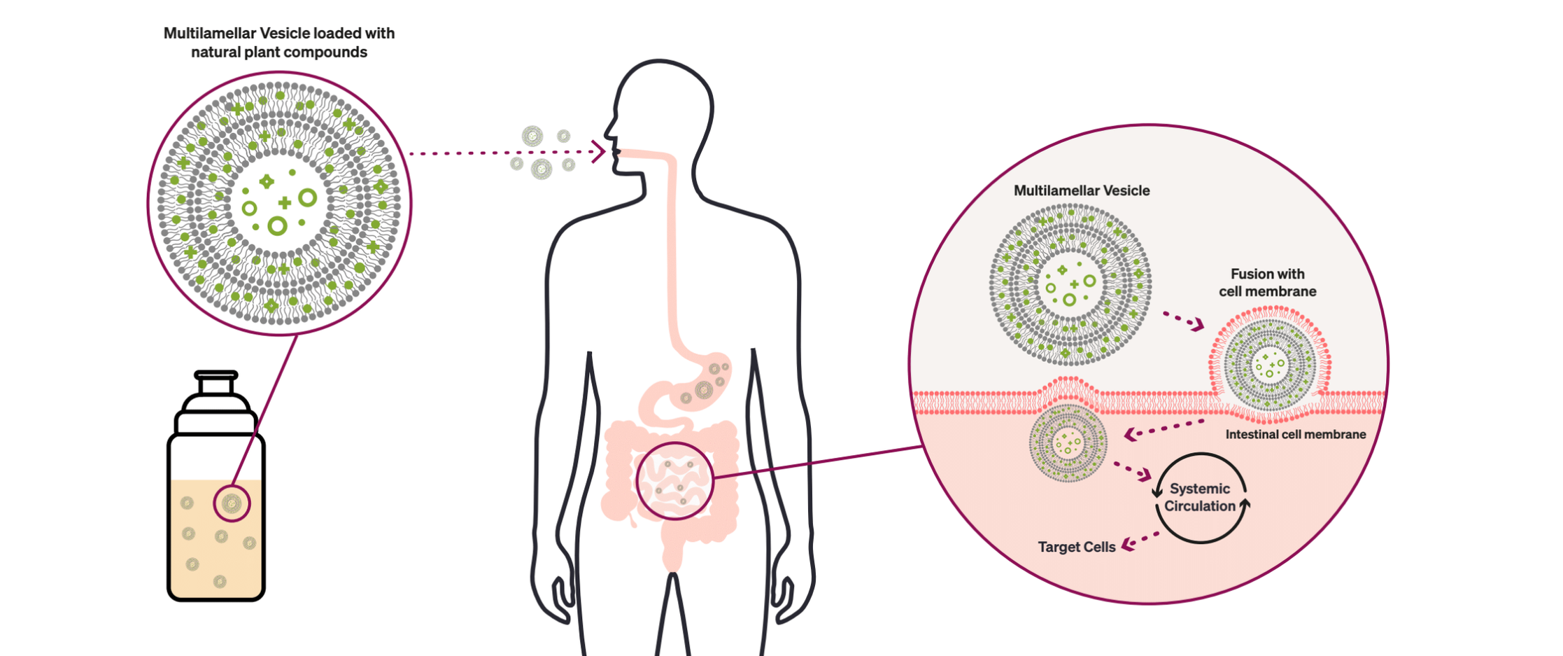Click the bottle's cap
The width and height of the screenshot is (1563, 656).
coord(216,384)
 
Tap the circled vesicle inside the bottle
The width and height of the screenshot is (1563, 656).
coord(232,503)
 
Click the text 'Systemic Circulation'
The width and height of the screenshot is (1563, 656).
coord(1200,497)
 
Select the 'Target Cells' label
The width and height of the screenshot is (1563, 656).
coord(1076,547)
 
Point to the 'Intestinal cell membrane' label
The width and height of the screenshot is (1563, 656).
coord(1295,434)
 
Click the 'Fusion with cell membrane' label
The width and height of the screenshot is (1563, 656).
coord(1267,282)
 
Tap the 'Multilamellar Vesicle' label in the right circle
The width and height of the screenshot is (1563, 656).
coord(1081,190)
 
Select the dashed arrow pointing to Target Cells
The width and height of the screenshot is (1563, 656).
coord(1139,540)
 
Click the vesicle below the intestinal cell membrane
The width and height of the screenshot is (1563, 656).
coord(1068,443)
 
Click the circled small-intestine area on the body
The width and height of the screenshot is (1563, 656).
coord(674,481)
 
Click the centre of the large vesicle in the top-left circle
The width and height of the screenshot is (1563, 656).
coord(279,204)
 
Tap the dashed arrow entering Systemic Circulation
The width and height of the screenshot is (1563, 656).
coord(1132,470)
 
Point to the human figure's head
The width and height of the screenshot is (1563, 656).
coord(661,105)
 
